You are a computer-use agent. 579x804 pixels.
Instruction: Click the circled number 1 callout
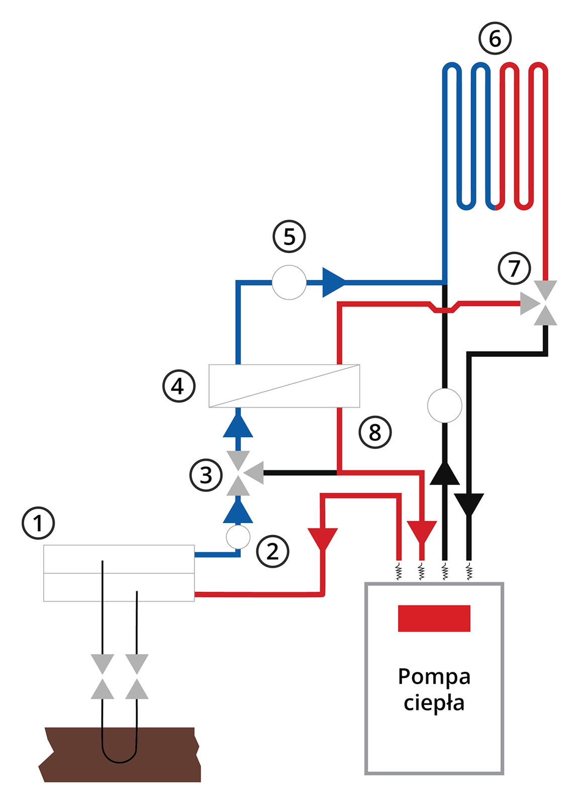tap(38, 523)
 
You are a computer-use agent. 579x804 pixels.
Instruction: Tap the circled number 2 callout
tap(272, 551)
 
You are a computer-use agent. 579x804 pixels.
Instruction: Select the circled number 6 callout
tap(495, 38)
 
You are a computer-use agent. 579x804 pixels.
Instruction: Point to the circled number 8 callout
tap(375, 432)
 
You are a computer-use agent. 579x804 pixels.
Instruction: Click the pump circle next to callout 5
tap(289, 282)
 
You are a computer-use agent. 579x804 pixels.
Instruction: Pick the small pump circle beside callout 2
tap(238, 537)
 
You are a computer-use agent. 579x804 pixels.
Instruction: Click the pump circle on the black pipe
tap(444, 406)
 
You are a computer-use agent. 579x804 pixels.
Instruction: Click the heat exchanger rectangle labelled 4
tap(284, 386)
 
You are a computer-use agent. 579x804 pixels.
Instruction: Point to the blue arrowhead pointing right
tap(333, 282)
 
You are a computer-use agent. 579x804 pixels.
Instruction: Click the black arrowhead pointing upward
tap(444, 473)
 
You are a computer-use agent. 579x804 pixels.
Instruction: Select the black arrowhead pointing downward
tap(468, 504)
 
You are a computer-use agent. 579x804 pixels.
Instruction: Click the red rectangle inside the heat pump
tap(434, 618)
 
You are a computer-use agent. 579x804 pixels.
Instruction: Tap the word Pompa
tap(434, 676)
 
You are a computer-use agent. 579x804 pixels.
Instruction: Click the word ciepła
tap(434, 702)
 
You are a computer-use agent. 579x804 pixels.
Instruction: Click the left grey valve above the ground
tap(103, 676)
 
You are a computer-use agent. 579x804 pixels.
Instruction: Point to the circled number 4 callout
tap(178, 386)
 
